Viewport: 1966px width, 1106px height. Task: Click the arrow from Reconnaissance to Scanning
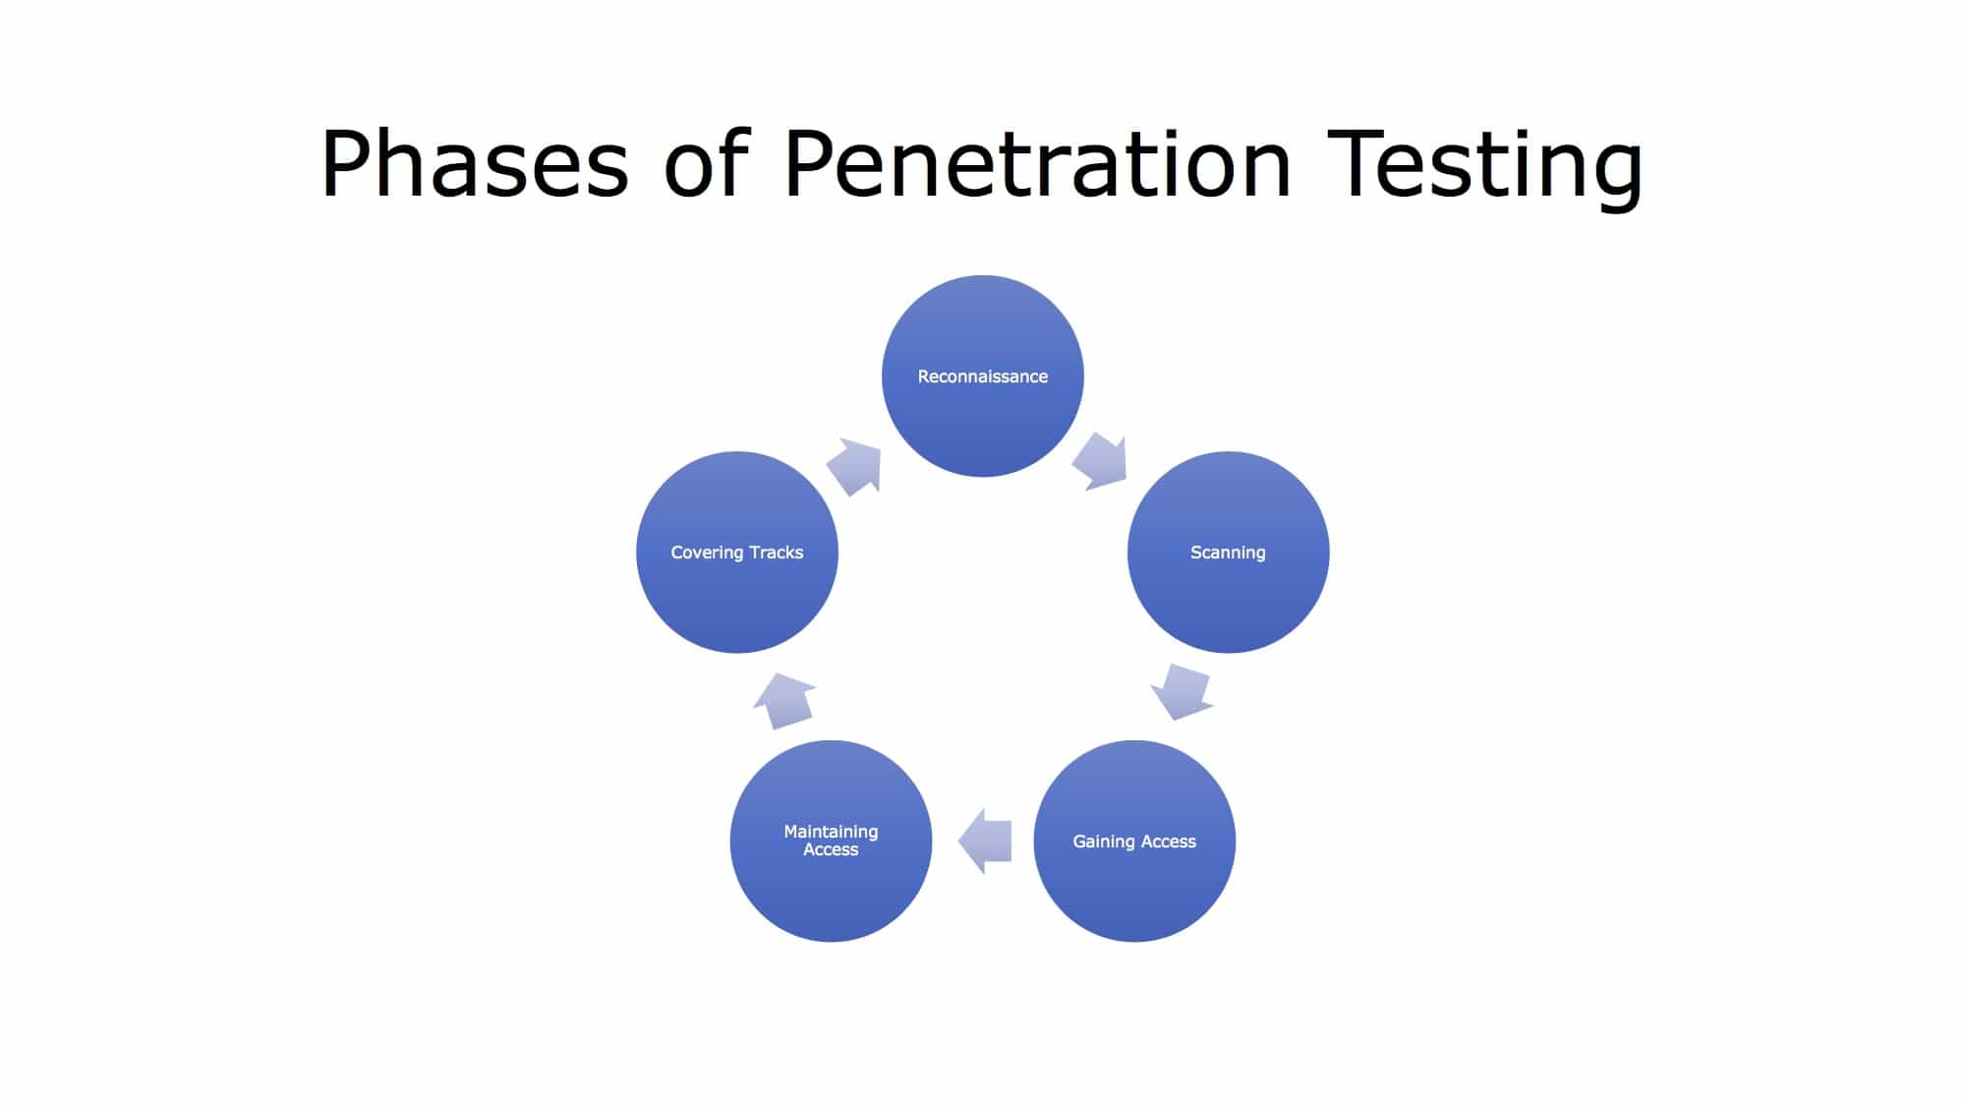point(1101,460)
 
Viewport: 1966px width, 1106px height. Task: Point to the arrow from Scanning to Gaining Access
point(1183,691)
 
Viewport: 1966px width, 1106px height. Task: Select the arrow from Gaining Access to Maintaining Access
point(985,841)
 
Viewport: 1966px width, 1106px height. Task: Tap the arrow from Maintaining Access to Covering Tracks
point(784,700)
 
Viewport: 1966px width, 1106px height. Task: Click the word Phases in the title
point(474,163)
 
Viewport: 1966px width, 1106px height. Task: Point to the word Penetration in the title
point(1037,163)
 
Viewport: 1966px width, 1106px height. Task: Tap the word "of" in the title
point(706,163)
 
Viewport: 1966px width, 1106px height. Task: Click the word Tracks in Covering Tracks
point(776,553)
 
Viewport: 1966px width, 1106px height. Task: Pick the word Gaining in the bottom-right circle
point(1103,842)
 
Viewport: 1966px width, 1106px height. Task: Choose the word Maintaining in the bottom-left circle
point(831,832)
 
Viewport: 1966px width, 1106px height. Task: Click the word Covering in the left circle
point(707,553)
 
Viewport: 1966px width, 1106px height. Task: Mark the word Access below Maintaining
point(831,850)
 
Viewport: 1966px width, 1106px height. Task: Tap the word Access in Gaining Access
point(1168,842)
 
